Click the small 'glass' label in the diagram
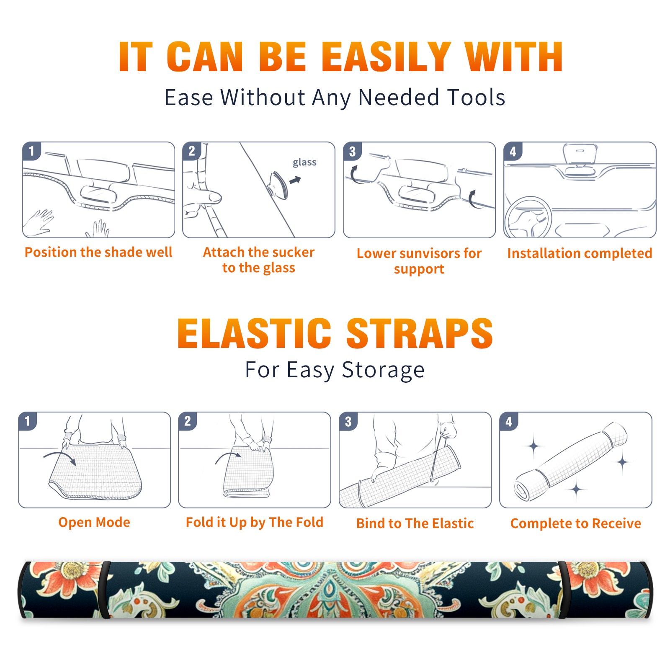(x=304, y=162)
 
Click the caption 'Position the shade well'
(x=98, y=252)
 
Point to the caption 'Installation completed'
(x=580, y=253)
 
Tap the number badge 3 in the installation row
(x=352, y=152)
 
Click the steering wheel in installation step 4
(x=528, y=218)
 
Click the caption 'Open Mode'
(x=94, y=522)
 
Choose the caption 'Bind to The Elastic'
(x=415, y=523)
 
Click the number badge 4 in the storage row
(x=509, y=421)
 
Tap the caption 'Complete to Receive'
(x=576, y=523)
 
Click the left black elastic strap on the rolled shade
(x=104, y=590)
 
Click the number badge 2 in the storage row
(x=188, y=421)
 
